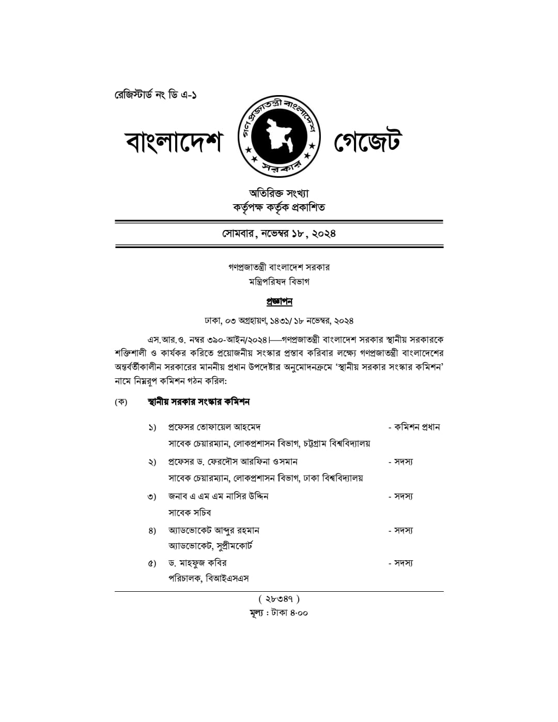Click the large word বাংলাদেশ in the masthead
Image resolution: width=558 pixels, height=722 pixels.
point(174,142)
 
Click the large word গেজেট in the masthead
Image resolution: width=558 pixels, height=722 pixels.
point(368,142)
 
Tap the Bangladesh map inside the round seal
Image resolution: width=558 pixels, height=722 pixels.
point(279,135)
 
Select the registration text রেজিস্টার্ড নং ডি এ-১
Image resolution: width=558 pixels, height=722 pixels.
point(156,95)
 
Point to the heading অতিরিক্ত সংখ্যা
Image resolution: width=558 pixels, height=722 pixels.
point(279,193)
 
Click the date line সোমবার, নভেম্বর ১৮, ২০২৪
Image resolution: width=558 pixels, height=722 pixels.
point(279,233)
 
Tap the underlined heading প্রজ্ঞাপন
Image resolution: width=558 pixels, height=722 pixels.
point(279,301)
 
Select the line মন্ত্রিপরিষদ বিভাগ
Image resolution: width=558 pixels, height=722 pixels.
point(279,282)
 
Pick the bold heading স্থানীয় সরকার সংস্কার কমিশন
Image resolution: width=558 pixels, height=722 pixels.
point(198,402)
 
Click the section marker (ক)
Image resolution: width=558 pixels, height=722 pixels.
point(121,402)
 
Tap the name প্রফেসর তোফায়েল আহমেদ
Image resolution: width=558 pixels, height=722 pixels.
point(214,427)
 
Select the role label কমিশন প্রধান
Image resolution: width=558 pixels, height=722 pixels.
point(416,427)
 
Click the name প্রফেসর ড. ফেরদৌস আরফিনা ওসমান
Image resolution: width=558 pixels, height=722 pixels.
point(233,462)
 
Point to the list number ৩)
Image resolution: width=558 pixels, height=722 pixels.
point(152,497)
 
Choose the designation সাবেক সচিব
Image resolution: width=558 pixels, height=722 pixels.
point(190,513)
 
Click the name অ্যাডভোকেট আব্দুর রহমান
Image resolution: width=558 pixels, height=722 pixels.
point(214,530)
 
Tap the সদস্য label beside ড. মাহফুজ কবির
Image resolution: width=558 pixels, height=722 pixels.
point(403,563)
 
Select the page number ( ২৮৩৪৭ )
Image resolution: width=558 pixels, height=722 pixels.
point(279,599)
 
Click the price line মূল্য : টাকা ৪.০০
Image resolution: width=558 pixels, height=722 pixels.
point(279,613)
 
